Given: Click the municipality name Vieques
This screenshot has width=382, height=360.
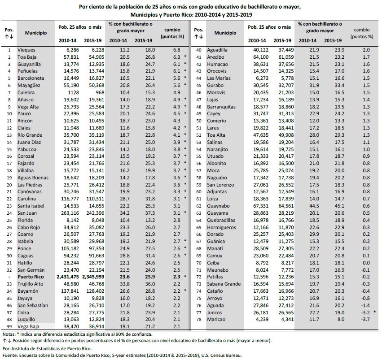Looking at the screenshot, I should (26, 50).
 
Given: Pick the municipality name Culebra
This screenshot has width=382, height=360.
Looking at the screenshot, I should (26, 92).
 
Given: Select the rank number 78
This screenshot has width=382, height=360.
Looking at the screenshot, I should (197, 319).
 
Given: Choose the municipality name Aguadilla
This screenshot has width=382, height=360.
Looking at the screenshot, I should (217, 50).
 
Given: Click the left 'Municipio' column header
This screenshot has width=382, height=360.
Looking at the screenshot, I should (36, 33).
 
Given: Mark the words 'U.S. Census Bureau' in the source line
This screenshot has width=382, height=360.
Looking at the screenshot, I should (219, 355).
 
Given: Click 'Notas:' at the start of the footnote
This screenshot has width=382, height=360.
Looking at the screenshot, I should (9, 334).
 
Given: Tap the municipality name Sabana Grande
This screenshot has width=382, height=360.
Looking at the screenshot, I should (224, 284).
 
